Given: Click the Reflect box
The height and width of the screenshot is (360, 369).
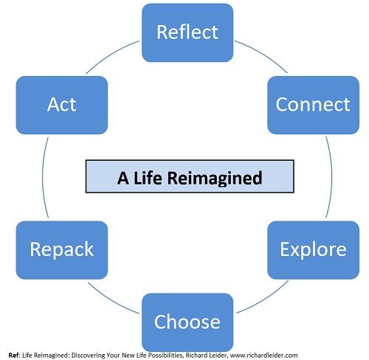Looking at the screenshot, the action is [x=187, y=32].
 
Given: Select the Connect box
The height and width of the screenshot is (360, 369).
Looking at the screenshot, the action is [x=313, y=105].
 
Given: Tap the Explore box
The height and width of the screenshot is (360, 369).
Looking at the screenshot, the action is [x=313, y=250].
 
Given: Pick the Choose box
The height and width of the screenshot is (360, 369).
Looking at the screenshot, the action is [x=187, y=322].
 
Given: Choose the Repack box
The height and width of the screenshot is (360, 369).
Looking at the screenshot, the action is [x=62, y=250].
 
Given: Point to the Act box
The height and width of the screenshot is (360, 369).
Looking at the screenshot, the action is [x=62, y=105].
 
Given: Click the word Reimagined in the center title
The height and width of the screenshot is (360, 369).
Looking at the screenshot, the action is [x=215, y=179].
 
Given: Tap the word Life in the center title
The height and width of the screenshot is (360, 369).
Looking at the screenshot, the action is [x=148, y=178].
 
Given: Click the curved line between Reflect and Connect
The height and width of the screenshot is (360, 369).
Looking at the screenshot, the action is [x=263, y=54].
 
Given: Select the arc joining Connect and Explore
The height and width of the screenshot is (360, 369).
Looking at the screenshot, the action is [x=332, y=177].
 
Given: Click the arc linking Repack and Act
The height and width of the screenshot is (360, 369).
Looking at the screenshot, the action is [x=43, y=177].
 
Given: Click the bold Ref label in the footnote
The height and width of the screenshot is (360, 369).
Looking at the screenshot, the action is [x=13, y=356].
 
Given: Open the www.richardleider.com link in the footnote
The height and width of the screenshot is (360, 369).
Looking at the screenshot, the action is [x=263, y=356].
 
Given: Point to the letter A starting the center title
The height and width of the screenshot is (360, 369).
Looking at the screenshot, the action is [x=123, y=178].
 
